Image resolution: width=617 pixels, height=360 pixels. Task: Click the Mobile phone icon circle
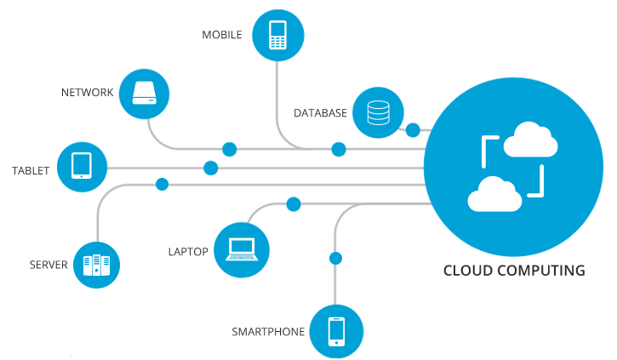[277, 36]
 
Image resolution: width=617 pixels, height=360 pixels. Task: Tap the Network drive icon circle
[145, 93]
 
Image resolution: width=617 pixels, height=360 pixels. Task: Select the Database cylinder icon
[377, 112]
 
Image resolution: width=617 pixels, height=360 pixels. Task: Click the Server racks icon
[96, 266]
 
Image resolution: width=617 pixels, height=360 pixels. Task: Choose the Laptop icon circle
[241, 250]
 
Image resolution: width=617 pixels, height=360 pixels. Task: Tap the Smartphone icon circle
[336, 330]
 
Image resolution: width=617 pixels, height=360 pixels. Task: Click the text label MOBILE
[222, 36]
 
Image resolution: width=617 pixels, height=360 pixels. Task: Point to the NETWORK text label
[87, 93]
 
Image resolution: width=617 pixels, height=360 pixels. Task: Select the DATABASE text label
[320, 113]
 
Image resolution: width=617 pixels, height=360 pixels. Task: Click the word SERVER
[48, 266]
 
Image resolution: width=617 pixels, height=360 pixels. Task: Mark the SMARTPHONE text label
[268, 331]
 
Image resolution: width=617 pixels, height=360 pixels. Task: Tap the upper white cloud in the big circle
[530, 140]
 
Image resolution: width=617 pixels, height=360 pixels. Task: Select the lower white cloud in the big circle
[494, 194]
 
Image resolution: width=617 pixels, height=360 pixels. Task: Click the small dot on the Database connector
[413, 130]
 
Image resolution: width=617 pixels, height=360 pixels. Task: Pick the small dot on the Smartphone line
[335, 258]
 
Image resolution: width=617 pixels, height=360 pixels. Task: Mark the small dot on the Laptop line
[294, 204]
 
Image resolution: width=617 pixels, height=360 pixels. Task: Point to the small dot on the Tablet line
[211, 168]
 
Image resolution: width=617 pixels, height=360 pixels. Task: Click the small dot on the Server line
[162, 184]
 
